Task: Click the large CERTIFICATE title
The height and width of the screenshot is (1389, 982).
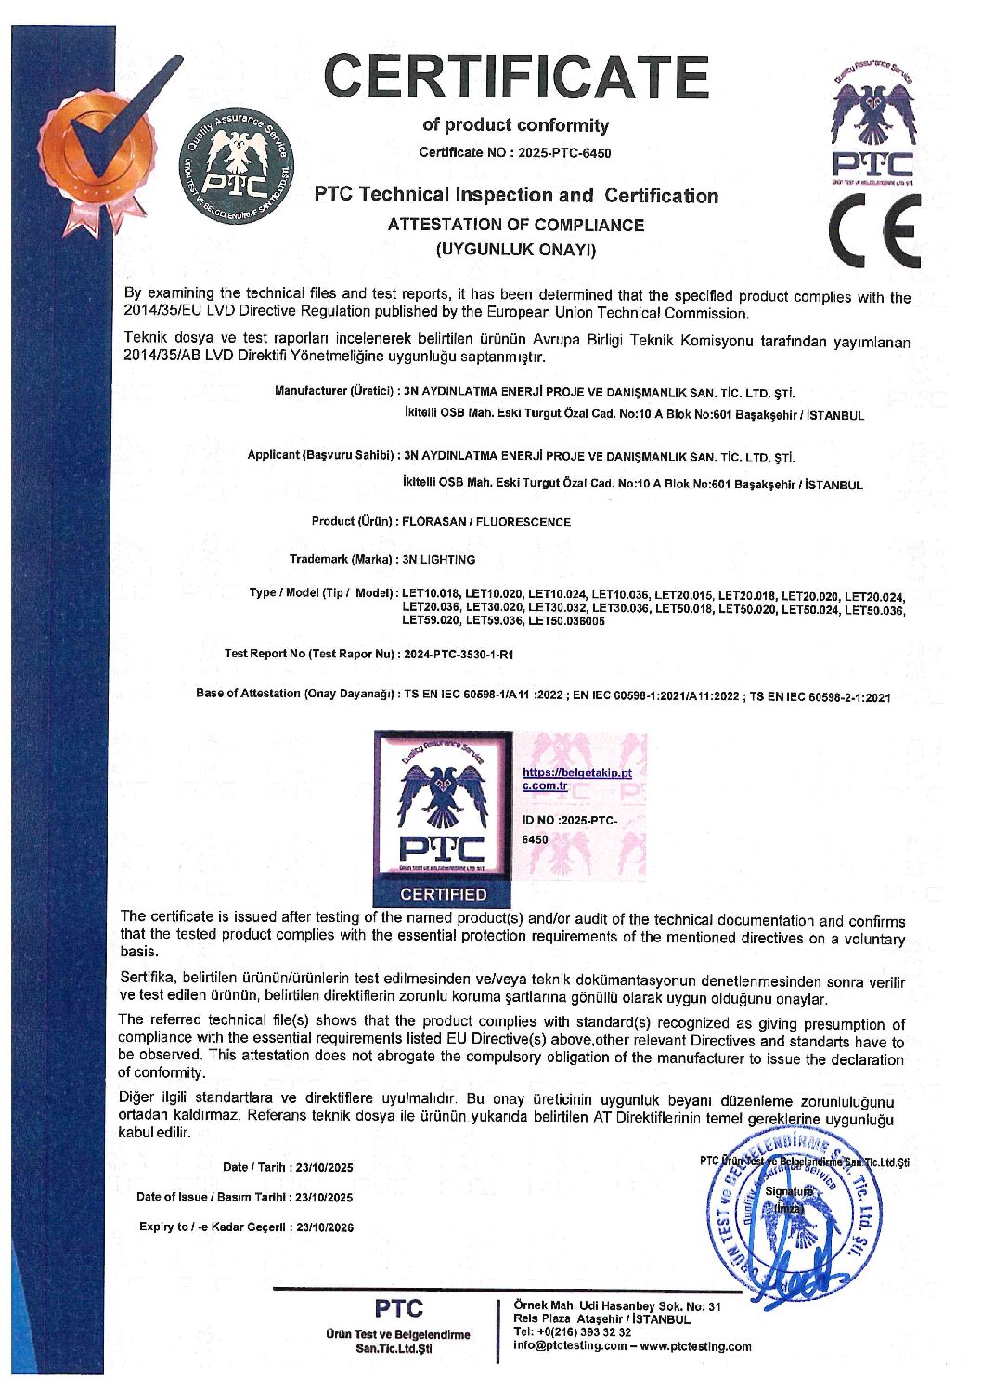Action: click(518, 76)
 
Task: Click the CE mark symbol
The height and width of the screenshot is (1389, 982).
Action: click(875, 231)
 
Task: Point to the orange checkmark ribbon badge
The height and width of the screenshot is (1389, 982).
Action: click(102, 149)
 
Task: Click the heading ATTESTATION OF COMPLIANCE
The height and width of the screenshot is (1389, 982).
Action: click(515, 225)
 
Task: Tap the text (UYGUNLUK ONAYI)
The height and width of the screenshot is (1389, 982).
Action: click(515, 249)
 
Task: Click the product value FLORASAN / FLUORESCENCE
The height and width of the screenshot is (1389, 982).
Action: click(486, 522)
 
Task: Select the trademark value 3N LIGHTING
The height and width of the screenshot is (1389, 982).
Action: click(438, 560)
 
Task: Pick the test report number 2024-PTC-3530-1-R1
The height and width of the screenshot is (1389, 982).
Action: click(459, 655)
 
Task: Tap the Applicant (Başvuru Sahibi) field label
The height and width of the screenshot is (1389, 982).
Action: click(322, 455)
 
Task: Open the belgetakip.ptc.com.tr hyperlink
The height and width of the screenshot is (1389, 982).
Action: click(576, 778)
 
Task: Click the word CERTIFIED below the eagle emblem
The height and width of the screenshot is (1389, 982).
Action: click(443, 894)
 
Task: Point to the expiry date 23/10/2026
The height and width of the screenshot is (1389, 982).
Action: click(325, 1227)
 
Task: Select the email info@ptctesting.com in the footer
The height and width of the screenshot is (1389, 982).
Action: click(570, 1346)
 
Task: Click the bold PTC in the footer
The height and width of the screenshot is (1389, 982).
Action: click(398, 1309)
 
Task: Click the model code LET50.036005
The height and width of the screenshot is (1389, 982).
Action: click(566, 621)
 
